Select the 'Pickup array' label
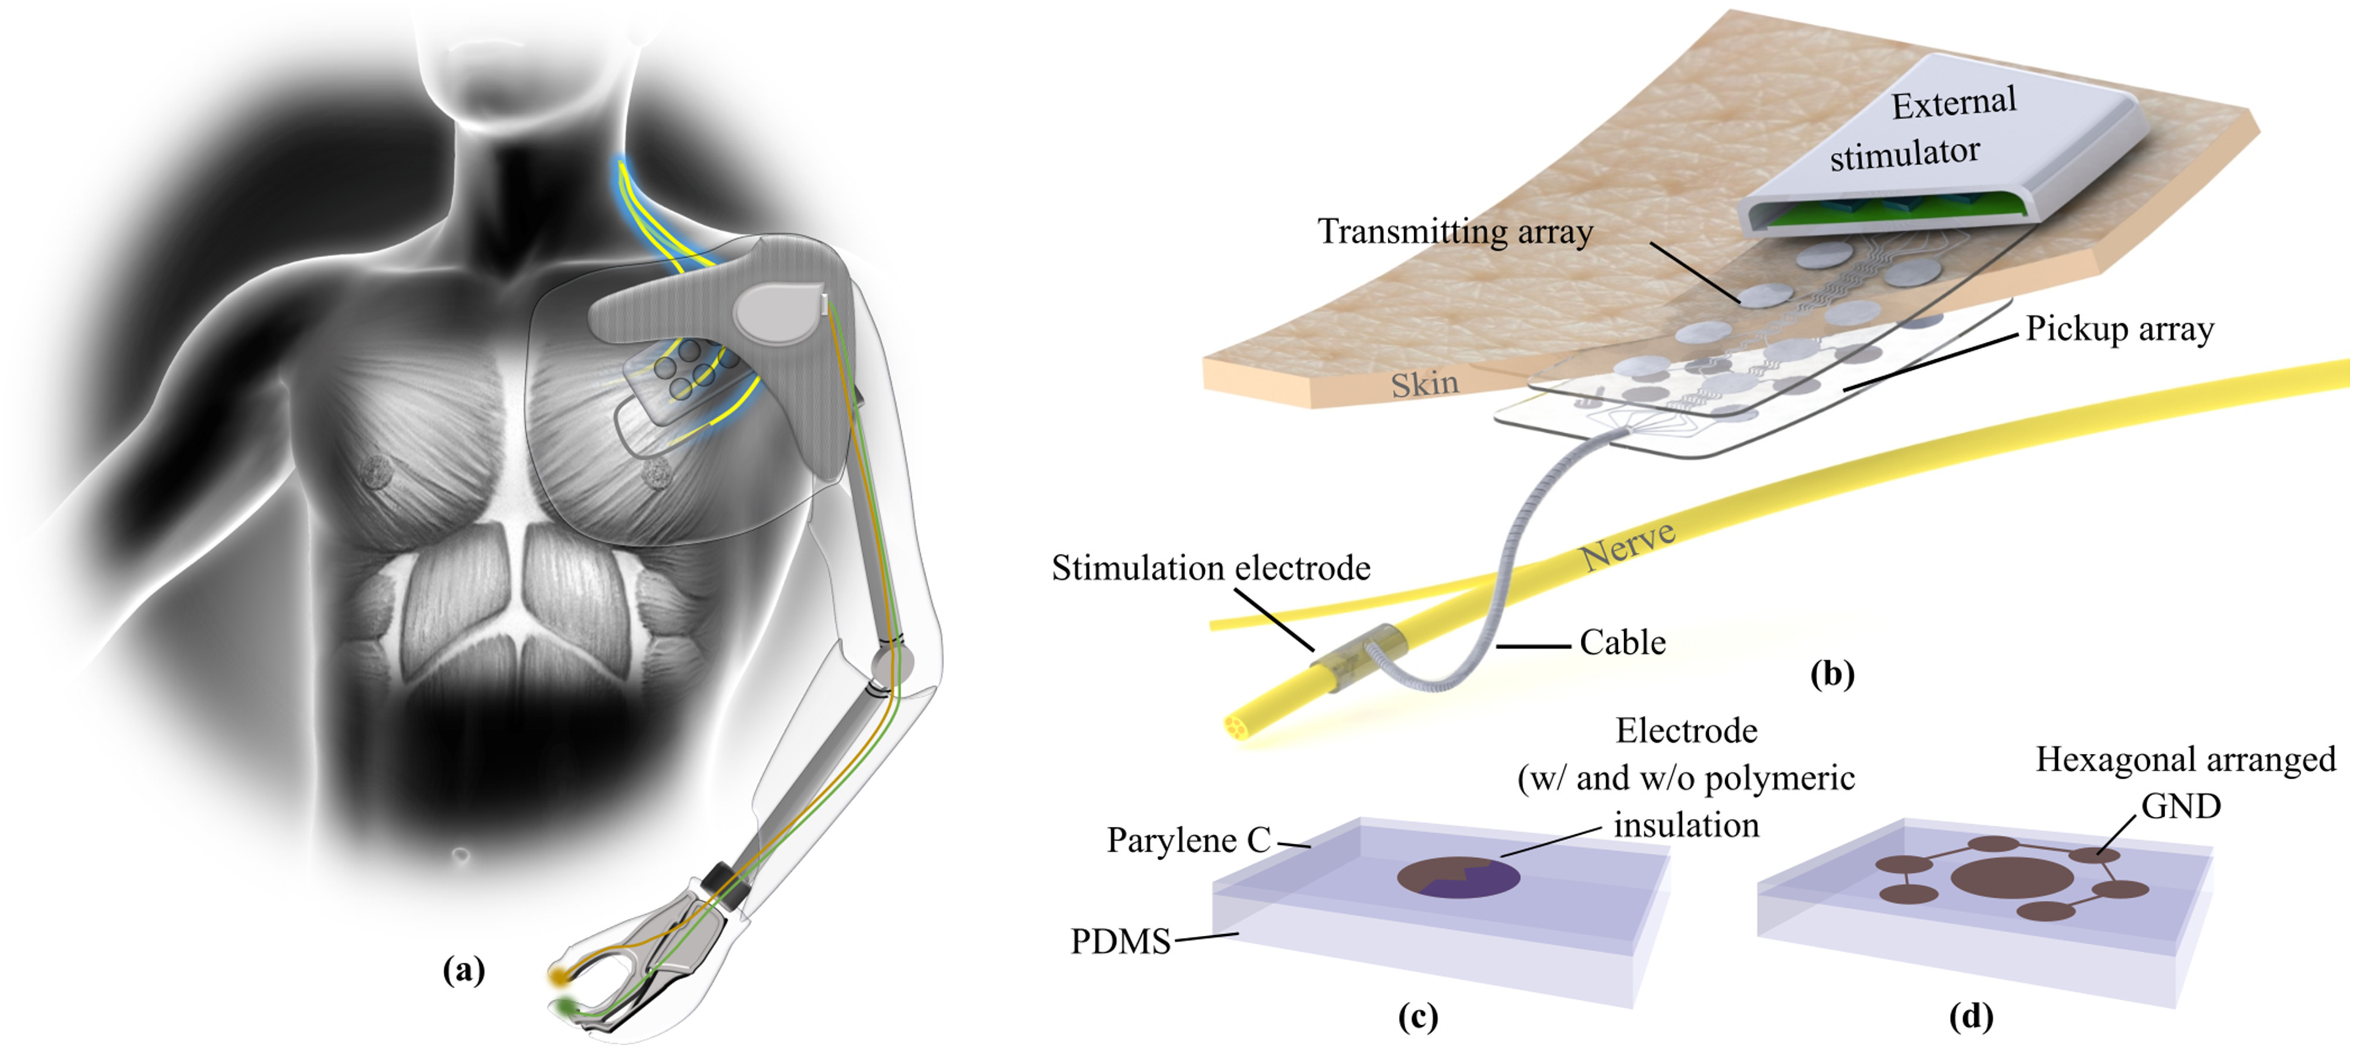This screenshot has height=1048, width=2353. click(2119, 329)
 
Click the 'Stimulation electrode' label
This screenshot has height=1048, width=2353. click(1211, 568)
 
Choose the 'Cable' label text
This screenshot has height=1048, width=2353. click(1622, 642)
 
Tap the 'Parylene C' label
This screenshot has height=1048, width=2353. click(1188, 840)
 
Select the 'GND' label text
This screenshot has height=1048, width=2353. click(2180, 806)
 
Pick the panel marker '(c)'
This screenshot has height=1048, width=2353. click(1418, 1016)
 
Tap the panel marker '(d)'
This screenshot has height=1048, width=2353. click(1970, 1016)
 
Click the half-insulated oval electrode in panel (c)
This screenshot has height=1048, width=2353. click(1459, 878)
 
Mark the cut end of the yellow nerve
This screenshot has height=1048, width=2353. click(1239, 728)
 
